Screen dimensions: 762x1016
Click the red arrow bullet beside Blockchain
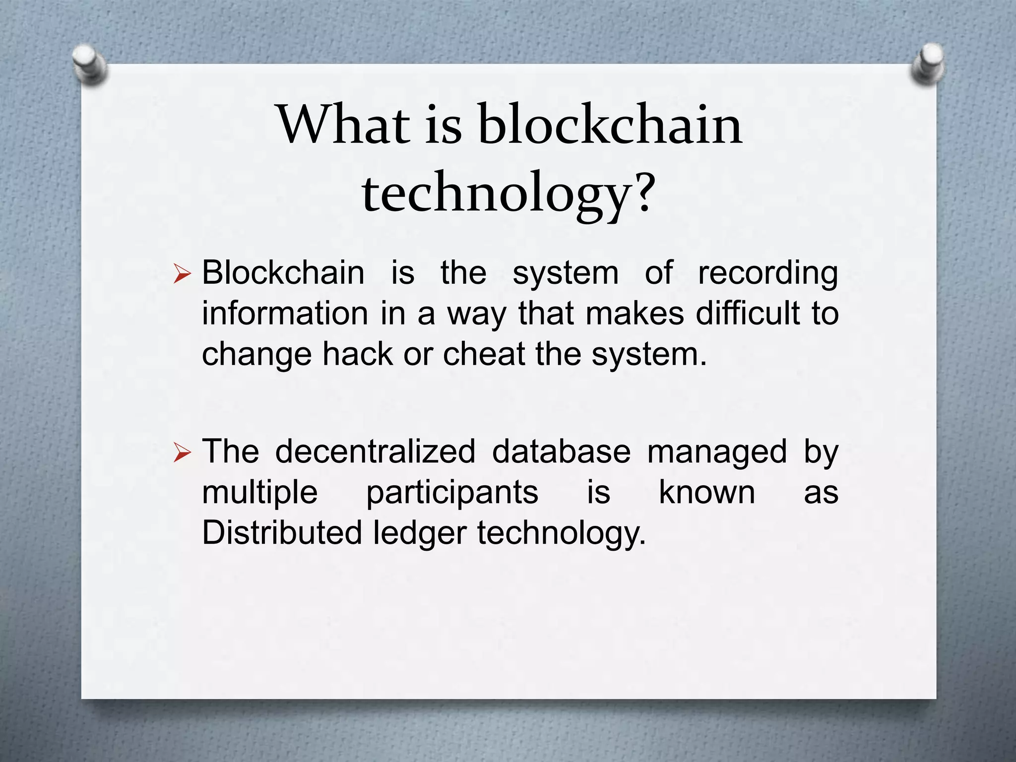(x=182, y=274)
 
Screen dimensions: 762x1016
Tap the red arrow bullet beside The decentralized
(x=182, y=453)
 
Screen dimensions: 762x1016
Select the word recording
(x=768, y=273)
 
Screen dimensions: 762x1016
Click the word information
(x=285, y=314)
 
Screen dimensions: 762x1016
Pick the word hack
(x=357, y=354)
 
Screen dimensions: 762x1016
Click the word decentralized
(x=375, y=451)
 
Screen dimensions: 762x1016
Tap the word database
(x=561, y=451)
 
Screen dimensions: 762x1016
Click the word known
(x=707, y=492)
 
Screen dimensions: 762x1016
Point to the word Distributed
(x=282, y=533)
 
